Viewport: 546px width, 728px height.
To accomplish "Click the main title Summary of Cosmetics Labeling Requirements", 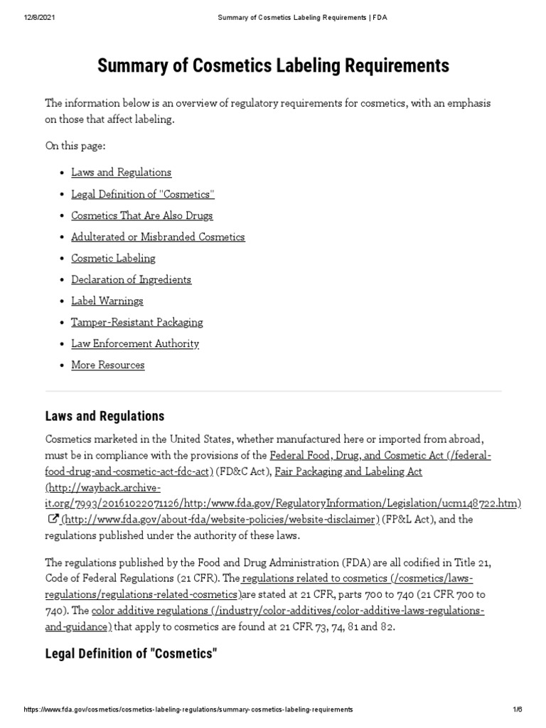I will pyautogui.click(x=273, y=67).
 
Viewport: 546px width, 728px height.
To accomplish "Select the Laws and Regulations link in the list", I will pyautogui.click(x=121, y=173).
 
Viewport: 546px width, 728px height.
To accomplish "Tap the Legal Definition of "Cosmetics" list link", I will pyautogui.click(x=142, y=194).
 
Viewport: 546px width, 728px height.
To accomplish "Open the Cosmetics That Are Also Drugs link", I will pyautogui.click(x=141, y=215).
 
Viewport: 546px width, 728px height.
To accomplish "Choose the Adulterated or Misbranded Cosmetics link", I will pyautogui.click(x=158, y=237).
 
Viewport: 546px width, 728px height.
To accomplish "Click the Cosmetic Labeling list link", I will pyautogui.click(x=113, y=258).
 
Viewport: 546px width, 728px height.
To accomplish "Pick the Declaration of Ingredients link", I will pyautogui.click(x=131, y=279).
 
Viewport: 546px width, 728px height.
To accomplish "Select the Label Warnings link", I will pyautogui.click(x=107, y=301).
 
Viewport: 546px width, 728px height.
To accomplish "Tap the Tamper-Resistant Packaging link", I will pyautogui.click(x=136, y=322).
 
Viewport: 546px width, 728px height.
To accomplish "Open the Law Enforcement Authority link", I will pyautogui.click(x=134, y=343).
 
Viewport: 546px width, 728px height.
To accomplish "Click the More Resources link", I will pyautogui.click(x=107, y=365).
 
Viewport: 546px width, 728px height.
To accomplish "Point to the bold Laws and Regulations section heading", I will pyautogui.click(x=105, y=416).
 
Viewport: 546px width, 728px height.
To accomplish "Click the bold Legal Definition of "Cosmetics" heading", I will pyautogui.click(x=130, y=653).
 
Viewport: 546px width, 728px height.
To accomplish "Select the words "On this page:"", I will pyautogui.click(x=75, y=146).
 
